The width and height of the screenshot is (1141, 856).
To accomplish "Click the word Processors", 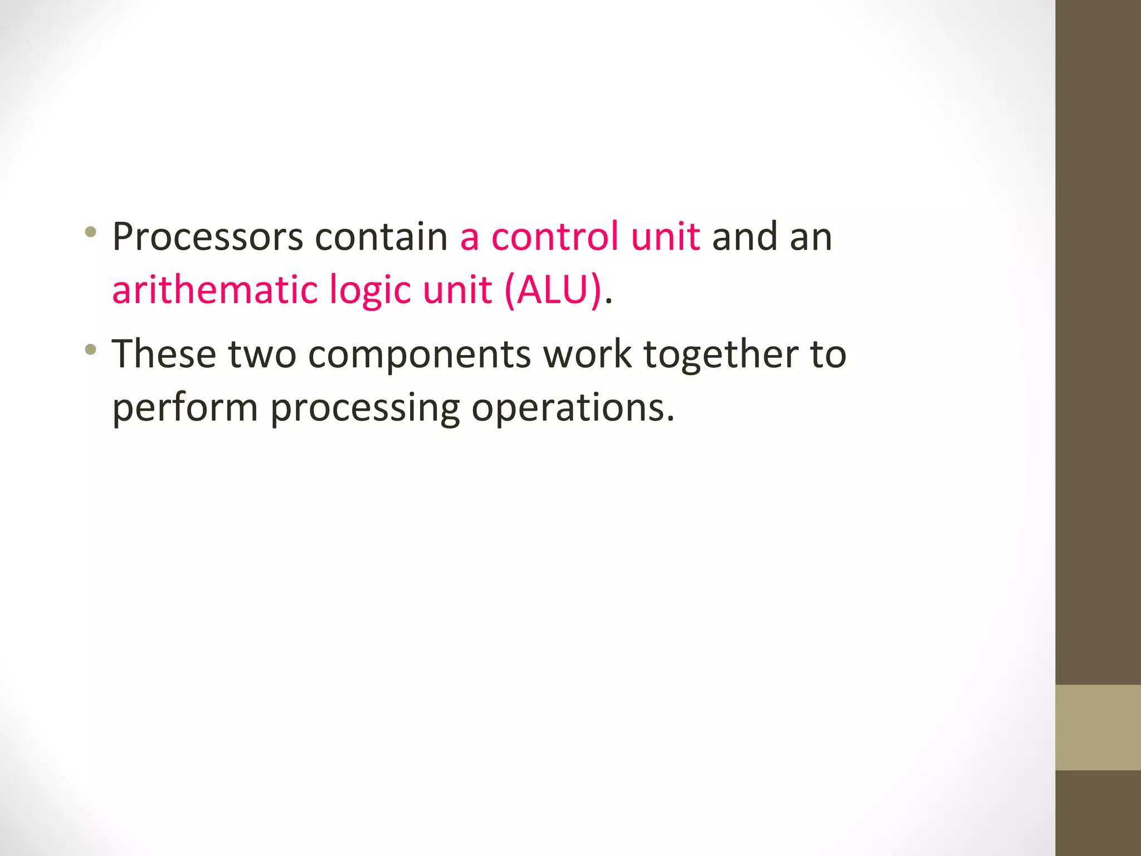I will (x=207, y=237).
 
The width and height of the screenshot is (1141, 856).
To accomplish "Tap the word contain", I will (x=381, y=237).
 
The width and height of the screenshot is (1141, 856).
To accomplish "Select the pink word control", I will (x=554, y=237).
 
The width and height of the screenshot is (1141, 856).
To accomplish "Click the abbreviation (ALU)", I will (x=553, y=290).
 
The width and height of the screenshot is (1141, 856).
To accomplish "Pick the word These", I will (x=164, y=354).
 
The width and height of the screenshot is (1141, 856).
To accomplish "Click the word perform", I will (x=185, y=408).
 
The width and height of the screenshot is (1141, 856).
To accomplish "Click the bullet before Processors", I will (x=91, y=231).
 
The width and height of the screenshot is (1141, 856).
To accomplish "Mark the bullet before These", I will (x=91, y=349).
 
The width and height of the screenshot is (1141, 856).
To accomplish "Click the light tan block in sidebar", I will (x=1098, y=727).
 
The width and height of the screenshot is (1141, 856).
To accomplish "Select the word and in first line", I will (x=745, y=237).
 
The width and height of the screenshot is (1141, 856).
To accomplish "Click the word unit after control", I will (x=665, y=237).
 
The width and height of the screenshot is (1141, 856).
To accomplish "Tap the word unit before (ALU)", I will (x=457, y=290).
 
